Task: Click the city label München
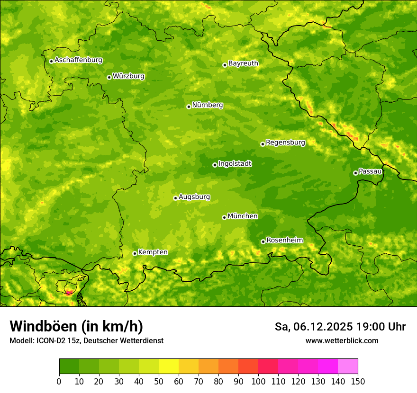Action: click(x=243, y=216)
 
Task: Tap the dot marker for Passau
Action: click(x=355, y=173)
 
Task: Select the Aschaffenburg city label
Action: click(x=78, y=60)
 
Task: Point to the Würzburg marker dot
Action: click(x=109, y=77)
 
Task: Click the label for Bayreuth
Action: click(x=243, y=63)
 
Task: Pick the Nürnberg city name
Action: click(x=207, y=105)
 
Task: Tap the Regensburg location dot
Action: click(x=263, y=144)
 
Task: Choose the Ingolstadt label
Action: click(x=235, y=164)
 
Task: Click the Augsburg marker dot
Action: click(x=175, y=198)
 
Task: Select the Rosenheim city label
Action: click(x=284, y=241)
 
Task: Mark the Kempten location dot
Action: click(x=135, y=253)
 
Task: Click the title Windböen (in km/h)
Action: click(x=76, y=326)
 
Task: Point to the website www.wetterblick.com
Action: click(x=342, y=340)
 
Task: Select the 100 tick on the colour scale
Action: click(x=258, y=382)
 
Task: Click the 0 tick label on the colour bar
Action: click(x=59, y=382)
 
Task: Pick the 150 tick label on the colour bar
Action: click(x=358, y=382)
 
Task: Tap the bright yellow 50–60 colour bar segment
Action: click(x=169, y=366)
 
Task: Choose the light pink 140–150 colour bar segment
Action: click(x=348, y=366)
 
